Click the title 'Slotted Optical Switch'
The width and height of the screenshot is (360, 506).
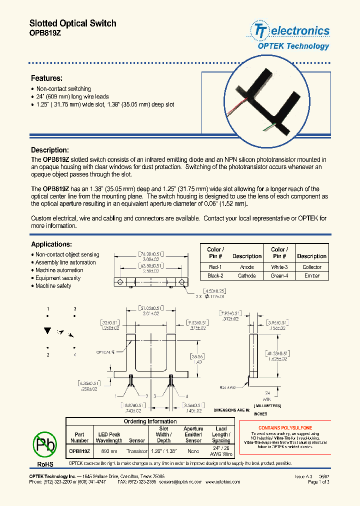click(72, 23)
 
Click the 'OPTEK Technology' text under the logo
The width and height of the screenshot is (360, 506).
click(293, 46)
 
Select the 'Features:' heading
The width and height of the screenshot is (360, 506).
click(46, 78)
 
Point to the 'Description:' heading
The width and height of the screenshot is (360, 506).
click(49, 150)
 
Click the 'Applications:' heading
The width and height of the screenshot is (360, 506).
click(51, 244)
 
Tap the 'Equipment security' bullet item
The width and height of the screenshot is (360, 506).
click(57, 278)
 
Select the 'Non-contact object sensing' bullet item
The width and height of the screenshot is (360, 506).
click(67, 254)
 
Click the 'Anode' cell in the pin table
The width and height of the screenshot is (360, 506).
click(246, 267)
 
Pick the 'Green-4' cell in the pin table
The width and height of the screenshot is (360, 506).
click(279, 275)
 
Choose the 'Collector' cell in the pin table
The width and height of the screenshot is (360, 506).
click(311, 267)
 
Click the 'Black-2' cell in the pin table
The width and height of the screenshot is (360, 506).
click(215, 275)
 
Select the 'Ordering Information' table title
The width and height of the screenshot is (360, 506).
click(150, 421)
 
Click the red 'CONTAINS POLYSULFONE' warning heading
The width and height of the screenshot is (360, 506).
click(285, 428)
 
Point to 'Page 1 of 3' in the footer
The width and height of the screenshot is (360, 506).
click(318, 482)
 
